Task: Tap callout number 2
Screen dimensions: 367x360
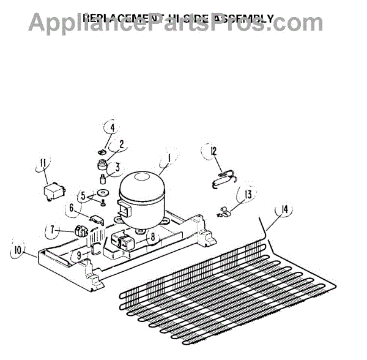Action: click(122, 145)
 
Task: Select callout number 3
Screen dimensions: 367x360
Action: click(117, 166)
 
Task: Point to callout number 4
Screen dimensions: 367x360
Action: click(112, 129)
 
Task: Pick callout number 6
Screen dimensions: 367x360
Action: click(72, 208)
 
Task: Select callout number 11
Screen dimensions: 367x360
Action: click(43, 162)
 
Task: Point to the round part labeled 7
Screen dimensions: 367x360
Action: click(79, 231)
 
